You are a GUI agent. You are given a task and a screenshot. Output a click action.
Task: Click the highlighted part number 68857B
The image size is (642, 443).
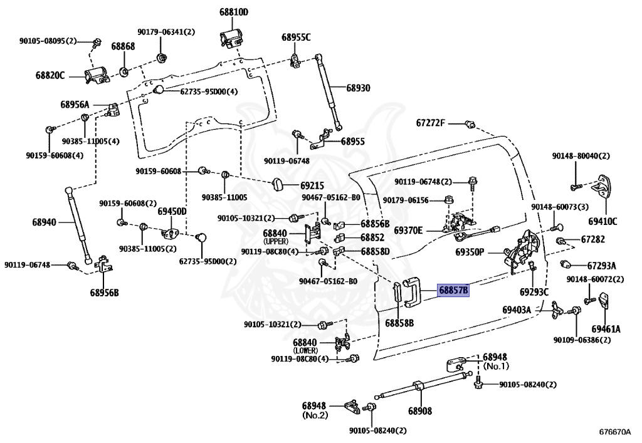(x=453, y=290)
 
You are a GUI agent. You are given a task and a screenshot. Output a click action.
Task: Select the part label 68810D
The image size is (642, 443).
(x=234, y=13)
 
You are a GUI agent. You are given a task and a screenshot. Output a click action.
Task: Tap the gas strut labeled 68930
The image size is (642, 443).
(x=329, y=92)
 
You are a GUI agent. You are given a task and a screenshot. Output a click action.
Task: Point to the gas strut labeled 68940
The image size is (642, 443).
(x=79, y=226)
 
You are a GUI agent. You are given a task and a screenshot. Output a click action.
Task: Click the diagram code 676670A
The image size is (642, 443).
(x=615, y=432)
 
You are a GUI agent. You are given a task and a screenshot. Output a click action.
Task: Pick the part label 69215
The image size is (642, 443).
(x=312, y=185)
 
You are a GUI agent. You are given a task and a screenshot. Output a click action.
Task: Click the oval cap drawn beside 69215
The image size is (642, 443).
(x=280, y=184)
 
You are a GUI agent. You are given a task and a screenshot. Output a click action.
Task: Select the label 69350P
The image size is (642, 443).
(x=470, y=252)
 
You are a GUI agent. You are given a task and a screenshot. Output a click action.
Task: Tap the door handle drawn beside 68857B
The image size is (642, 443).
(x=411, y=292)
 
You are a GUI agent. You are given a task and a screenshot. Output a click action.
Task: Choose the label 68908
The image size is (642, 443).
(x=420, y=410)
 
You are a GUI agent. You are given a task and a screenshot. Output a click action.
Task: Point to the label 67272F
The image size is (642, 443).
(x=430, y=123)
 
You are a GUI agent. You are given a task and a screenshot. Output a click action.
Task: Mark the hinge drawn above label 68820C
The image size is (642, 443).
(x=96, y=76)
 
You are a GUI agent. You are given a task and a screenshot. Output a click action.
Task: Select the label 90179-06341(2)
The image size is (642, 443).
(x=166, y=32)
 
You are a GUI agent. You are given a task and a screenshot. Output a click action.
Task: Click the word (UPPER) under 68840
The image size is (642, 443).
(x=276, y=241)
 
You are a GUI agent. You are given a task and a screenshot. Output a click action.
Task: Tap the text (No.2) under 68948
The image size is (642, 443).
(x=315, y=415)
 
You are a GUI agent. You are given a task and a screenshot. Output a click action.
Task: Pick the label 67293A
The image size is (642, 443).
(x=601, y=266)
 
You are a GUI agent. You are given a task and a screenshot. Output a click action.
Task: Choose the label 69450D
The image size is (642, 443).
(x=172, y=212)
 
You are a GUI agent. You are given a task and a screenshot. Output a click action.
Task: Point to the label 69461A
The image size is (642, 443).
(x=606, y=329)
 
